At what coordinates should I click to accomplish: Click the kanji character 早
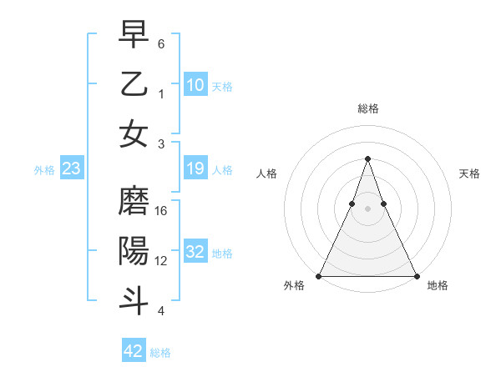pyautogui.click(x=134, y=35)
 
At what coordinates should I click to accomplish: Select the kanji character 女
pyautogui.click(x=134, y=133)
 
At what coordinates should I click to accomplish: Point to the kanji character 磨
pyautogui.click(x=134, y=203)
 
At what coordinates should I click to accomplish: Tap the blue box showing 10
pyautogui.click(x=195, y=85)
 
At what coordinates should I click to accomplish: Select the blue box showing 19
pyautogui.click(x=195, y=169)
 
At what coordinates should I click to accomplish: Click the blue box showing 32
pyautogui.click(x=195, y=253)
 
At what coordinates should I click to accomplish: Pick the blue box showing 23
pyautogui.click(x=71, y=169)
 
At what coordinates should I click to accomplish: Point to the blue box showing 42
pyautogui.click(x=134, y=351)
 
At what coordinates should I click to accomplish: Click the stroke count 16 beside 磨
pyautogui.click(x=162, y=211)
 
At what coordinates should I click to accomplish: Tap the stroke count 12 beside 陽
pyautogui.click(x=162, y=260)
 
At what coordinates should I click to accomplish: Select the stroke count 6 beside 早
pyautogui.click(x=160, y=43)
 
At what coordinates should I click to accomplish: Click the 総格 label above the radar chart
pyautogui.click(x=367, y=108)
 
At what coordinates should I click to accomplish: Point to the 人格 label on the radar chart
pyautogui.click(x=266, y=173)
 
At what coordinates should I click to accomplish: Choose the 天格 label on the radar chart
pyautogui.click(x=469, y=173)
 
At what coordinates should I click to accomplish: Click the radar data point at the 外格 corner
pyautogui.click(x=319, y=276)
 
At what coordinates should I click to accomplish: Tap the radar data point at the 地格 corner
pyautogui.click(x=416, y=276)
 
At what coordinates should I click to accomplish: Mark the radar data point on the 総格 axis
pyautogui.click(x=367, y=159)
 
